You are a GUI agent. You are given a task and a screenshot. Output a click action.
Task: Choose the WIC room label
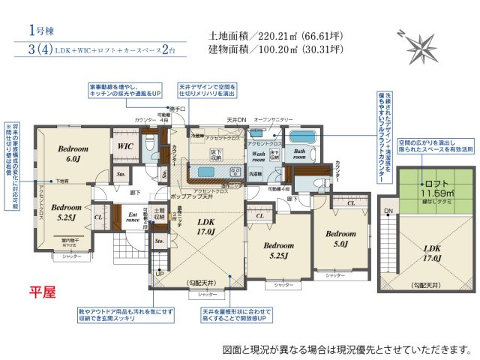(x=123, y=148)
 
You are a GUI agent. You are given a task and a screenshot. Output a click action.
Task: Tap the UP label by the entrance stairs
(x=159, y=274)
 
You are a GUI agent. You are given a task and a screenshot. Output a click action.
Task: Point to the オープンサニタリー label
(x=273, y=119)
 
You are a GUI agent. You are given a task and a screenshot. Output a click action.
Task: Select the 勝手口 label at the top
(x=178, y=109)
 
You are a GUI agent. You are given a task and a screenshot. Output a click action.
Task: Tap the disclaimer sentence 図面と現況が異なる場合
(x=347, y=349)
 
